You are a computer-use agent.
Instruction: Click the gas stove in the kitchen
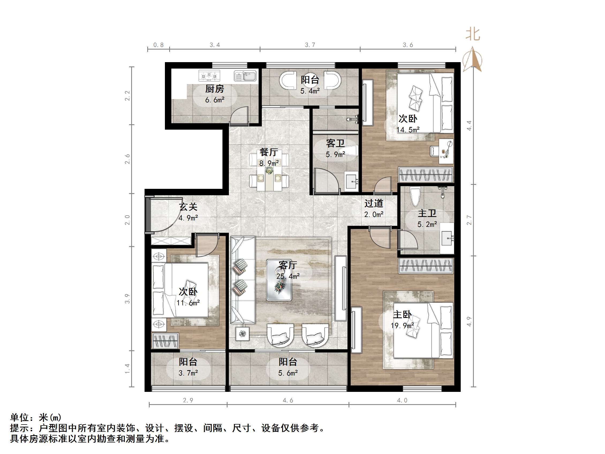[209, 76]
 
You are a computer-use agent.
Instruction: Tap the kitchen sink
[245, 76]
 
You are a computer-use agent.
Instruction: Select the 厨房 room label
[215, 89]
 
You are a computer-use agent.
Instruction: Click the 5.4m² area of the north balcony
[310, 91]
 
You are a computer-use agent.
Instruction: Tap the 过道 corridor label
[374, 203]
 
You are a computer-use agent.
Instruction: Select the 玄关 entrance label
[188, 207]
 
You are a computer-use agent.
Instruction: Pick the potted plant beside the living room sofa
[242, 333]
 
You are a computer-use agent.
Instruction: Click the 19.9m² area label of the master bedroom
[402, 326]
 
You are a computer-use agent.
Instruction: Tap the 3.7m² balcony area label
[188, 373]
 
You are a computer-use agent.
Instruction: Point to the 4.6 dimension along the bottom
[288, 400]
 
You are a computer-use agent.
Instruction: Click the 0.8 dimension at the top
[158, 45]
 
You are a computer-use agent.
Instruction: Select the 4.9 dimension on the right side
[469, 321]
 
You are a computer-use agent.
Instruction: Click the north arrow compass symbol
[472, 60]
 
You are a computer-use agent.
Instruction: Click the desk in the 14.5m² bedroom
[446, 151]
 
